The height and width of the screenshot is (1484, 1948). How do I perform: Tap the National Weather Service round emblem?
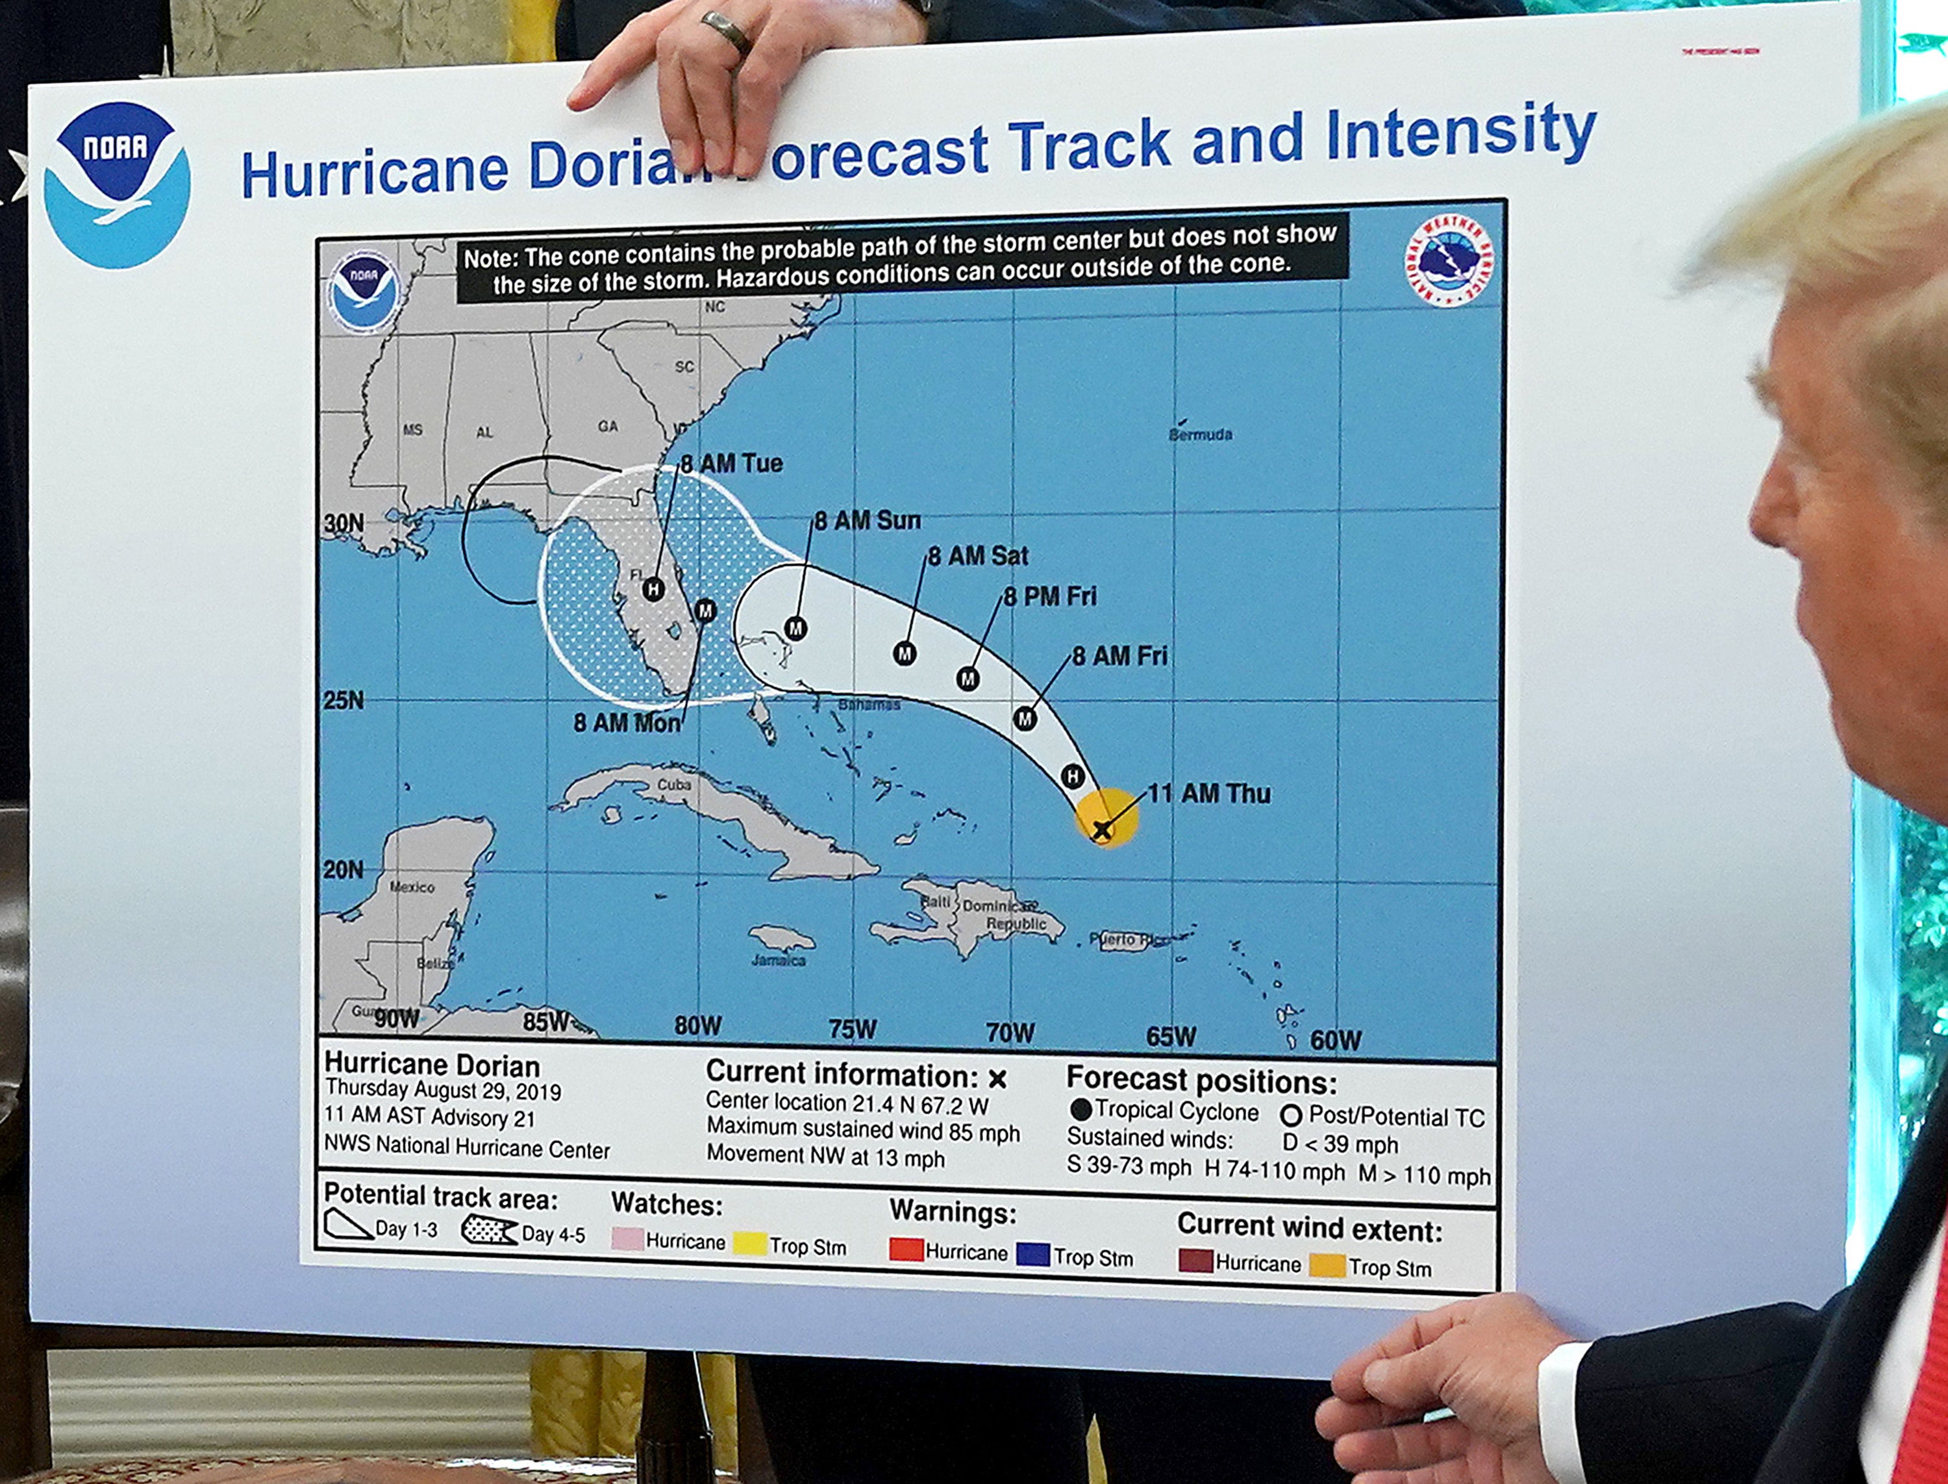(x=1449, y=260)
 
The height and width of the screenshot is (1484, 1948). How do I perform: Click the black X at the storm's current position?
(x=1101, y=829)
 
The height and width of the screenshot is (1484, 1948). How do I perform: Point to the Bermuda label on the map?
(x=1200, y=434)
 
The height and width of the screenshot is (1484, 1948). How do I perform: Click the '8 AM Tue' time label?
(x=731, y=464)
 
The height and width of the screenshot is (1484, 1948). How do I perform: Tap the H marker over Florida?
(x=653, y=588)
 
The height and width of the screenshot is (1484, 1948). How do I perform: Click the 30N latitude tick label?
(x=343, y=523)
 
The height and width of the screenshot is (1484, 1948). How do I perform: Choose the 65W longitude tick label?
(x=1171, y=1036)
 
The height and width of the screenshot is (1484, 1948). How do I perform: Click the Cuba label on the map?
(x=674, y=785)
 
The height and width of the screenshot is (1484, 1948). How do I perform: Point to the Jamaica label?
(x=778, y=960)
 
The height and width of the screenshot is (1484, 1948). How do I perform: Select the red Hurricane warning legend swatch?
(x=906, y=1250)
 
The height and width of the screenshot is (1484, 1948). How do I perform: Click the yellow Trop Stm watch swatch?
(x=750, y=1244)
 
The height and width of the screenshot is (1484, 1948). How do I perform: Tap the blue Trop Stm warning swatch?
(x=1032, y=1254)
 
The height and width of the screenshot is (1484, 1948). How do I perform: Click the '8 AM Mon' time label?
(x=627, y=723)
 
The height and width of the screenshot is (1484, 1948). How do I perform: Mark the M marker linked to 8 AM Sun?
(x=795, y=628)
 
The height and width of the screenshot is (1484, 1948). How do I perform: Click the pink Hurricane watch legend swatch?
(x=627, y=1239)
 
